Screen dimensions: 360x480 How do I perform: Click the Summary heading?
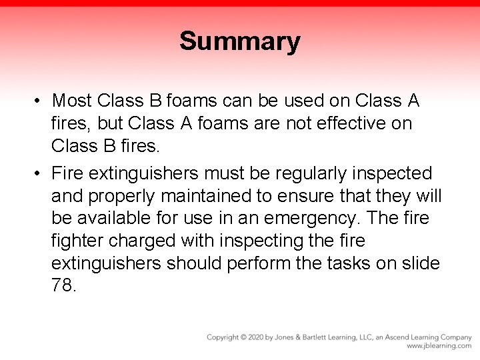click(x=239, y=41)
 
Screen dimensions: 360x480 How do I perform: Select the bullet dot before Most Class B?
click(x=39, y=101)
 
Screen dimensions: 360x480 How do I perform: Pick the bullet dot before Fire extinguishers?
click(x=39, y=174)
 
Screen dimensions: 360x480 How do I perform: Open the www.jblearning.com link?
click(x=439, y=346)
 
